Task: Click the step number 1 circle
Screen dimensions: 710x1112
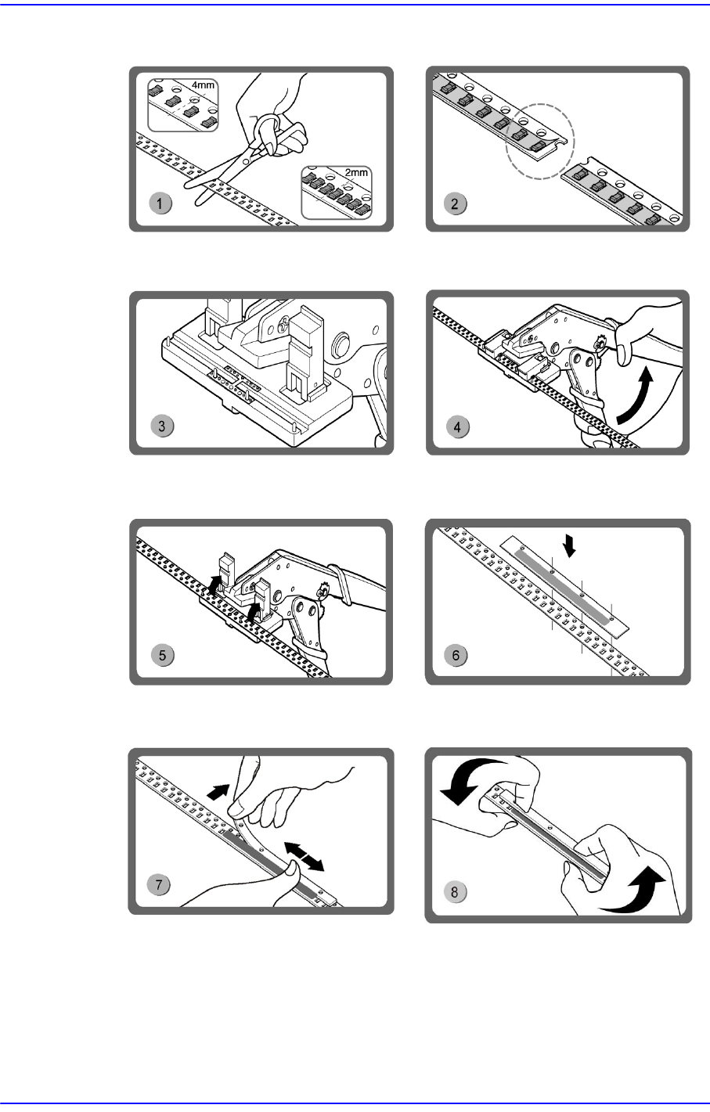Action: tap(160, 203)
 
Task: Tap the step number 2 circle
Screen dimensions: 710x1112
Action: tap(455, 203)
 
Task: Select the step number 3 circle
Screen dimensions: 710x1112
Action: tap(162, 426)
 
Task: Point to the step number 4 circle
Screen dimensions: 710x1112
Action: tap(457, 427)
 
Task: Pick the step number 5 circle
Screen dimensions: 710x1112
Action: tap(162, 655)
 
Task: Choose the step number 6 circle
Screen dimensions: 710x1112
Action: tap(456, 655)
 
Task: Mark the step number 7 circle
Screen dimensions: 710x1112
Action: tap(159, 884)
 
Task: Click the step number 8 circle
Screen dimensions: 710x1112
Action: tap(454, 891)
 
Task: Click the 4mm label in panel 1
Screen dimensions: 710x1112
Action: tap(204, 85)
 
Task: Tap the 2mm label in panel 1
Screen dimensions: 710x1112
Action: tap(356, 172)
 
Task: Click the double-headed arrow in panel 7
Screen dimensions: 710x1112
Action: tap(305, 856)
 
